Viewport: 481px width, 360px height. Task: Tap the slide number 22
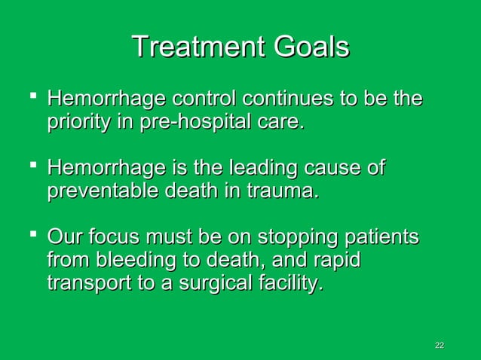(x=440, y=345)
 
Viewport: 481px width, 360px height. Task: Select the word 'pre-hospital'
(x=194, y=123)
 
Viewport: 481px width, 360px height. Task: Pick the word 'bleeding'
(x=124, y=262)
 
